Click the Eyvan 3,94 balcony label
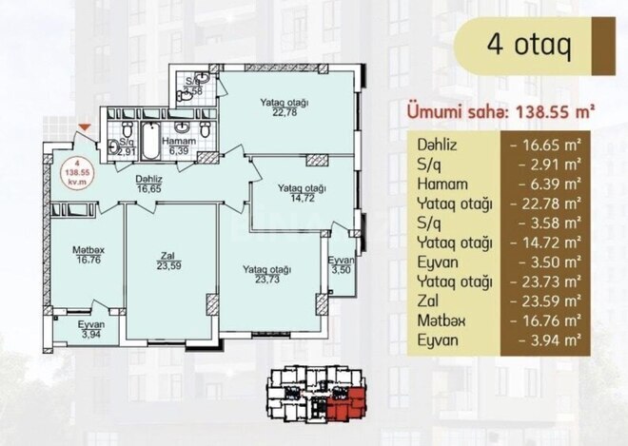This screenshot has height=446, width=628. [91, 329]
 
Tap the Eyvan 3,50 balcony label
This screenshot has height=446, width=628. [342, 265]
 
